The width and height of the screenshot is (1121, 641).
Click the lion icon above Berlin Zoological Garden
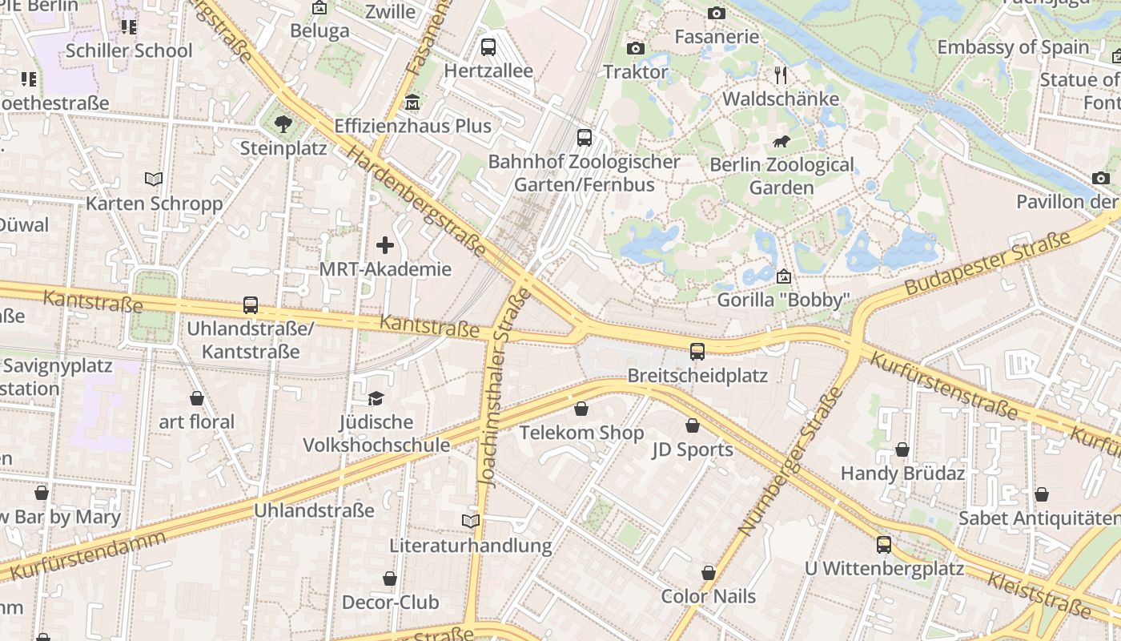pyautogui.click(x=781, y=142)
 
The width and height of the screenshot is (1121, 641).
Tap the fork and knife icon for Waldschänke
pyautogui.click(x=781, y=75)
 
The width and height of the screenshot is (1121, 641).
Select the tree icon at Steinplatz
pyautogui.click(x=283, y=123)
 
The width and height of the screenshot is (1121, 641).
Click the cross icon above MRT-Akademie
pyautogui.click(x=385, y=245)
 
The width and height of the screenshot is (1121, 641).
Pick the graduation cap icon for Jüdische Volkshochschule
pyautogui.click(x=376, y=398)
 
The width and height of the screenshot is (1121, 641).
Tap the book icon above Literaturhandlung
pyautogui.click(x=471, y=522)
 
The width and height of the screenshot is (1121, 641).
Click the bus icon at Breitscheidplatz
pyautogui.click(x=697, y=351)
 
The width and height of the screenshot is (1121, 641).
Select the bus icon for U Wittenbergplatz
pyautogui.click(x=883, y=545)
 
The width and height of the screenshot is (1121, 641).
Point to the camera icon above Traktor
pyautogui.click(x=635, y=48)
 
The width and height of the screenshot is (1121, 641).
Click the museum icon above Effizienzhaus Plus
pyautogui.click(x=412, y=103)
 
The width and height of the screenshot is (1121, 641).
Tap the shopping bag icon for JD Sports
pyautogui.click(x=693, y=425)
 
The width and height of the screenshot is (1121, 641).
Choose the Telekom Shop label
pyautogui.click(x=581, y=433)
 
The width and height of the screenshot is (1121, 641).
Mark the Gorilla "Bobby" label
pyautogui.click(x=783, y=300)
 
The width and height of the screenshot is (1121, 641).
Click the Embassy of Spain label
pyautogui.click(x=1013, y=47)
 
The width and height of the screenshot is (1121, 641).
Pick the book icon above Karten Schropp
pyautogui.click(x=154, y=179)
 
